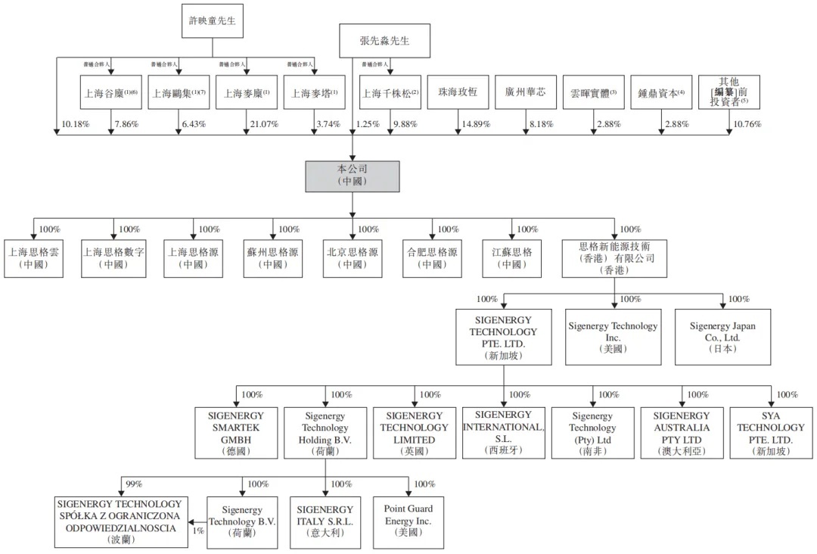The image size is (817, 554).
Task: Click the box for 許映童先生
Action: click(x=212, y=21)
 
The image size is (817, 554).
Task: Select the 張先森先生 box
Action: click(x=384, y=41)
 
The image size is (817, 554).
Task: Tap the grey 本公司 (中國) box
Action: click(x=353, y=176)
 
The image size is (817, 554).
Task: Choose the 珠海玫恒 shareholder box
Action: click(x=458, y=93)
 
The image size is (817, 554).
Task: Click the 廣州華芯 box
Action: click(x=526, y=93)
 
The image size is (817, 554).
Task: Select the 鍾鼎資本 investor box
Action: click(x=661, y=93)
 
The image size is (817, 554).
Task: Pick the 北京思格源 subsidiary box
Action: click(x=353, y=258)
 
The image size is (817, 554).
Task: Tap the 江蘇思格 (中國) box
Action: click(x=512, y=258)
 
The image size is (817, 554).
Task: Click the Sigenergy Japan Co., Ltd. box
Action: click(x=722, y=338)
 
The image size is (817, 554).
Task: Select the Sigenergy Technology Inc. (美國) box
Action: click(x=613, y=338)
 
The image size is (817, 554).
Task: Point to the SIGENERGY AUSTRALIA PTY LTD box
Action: click(x=682, y=433)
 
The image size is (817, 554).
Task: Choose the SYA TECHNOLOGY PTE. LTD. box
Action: click(x=771, y=433)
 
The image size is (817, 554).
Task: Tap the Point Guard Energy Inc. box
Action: click(x=408, y=521)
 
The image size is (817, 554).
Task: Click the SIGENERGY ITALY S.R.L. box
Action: click(x=325, y=521)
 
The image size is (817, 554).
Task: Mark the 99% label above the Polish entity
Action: click(x=133, y=484)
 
